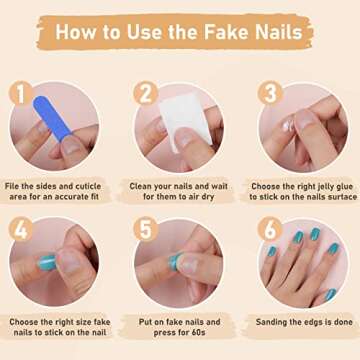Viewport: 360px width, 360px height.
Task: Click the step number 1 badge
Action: [x=21, y=93]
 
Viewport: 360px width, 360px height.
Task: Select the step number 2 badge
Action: [x=146, y=93]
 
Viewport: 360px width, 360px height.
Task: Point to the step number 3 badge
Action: [x=270, y=93]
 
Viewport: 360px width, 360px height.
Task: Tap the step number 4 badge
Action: [x=21, y=229]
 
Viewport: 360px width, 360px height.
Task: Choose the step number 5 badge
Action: [x=146, y=229]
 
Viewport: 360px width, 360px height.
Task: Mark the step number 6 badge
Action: [x=270, y=229]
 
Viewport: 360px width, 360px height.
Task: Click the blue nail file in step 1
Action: [x=52, y=118]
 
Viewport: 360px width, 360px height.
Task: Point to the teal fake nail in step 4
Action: [x=47, y=263]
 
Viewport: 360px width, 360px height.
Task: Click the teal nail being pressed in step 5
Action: [x=174, y=262]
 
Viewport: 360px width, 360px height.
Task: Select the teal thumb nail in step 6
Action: [x=330, y=295]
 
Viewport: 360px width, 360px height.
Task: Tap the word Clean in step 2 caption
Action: [x=140, y=186]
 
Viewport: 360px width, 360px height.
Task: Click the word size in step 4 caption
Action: [x=80, y=322]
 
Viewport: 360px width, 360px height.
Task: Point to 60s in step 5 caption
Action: [x=198, y=333]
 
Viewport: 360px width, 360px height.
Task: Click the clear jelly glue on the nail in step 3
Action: [x=287, y=126]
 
